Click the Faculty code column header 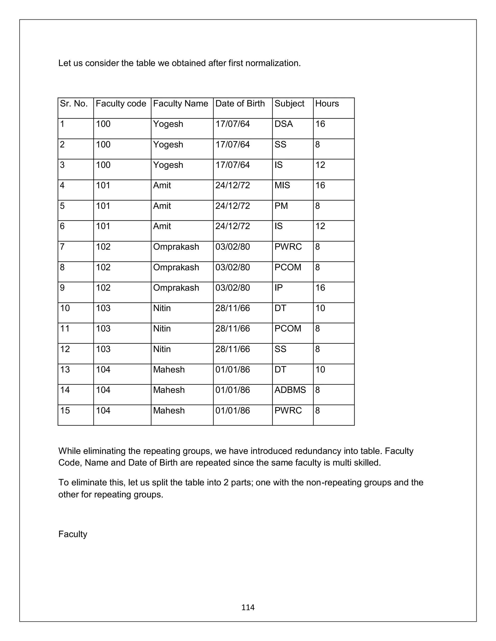click(x=121, y=104)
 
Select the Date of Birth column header click(x=240, y=104)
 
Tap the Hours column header click(x=327, y=104)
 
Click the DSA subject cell click(x=284, y=124)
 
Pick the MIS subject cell click(x=282, y=185)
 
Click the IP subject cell click(x=278, y=288)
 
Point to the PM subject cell click(x=281, y=206)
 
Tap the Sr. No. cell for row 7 click(x=62, y=247)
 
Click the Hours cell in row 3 click(x=320, y=165)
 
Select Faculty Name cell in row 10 click(x=162, y=308)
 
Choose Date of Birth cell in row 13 click(x=232, y=370)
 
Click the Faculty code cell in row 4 click(x=103, y=185)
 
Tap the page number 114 click(x=248, y=607)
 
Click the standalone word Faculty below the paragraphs click(x=73, y=534)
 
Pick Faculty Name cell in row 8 click(x=176, y=267)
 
